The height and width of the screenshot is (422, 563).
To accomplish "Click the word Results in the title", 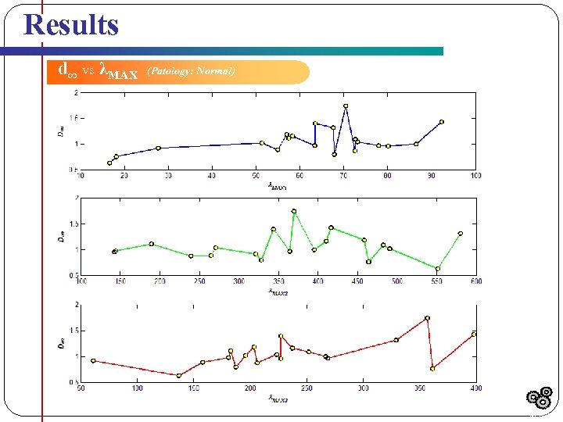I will [x=71, y=24].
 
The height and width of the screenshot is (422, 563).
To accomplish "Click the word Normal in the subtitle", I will [x=216, y=71].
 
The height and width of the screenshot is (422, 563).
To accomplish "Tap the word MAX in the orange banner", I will [x=121, y=74].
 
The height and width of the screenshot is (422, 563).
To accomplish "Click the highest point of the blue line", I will [x=346, y=106].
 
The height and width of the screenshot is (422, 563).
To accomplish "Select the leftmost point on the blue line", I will [x=109, y=163].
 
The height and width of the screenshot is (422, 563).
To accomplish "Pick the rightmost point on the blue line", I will [x=441, y=122].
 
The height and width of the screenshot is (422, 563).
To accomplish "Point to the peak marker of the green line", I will [x=294, y=211].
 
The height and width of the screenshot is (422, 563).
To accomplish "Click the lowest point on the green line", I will [x=438, y=269].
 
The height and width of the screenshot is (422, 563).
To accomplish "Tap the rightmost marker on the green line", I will [x=461, y=233].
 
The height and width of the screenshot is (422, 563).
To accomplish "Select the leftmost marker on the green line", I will [x=115, y=252].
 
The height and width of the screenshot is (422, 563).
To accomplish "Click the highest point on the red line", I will [x=427, y=318].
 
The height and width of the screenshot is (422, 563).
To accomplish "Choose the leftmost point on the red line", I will [x=93, y=360].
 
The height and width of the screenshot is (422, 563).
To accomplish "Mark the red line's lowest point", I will [x=179, y=375].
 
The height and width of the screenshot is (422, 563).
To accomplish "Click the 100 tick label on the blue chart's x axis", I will [x=475, y=175].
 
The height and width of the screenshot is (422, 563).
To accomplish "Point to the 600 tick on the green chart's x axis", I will [x=475, y=281].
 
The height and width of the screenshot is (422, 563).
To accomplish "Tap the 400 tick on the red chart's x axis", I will [x=475, y=388].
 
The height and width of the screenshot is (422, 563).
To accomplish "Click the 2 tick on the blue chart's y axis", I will [x=76, y=93].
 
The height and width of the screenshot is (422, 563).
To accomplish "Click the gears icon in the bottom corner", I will [x=540, y=399].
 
